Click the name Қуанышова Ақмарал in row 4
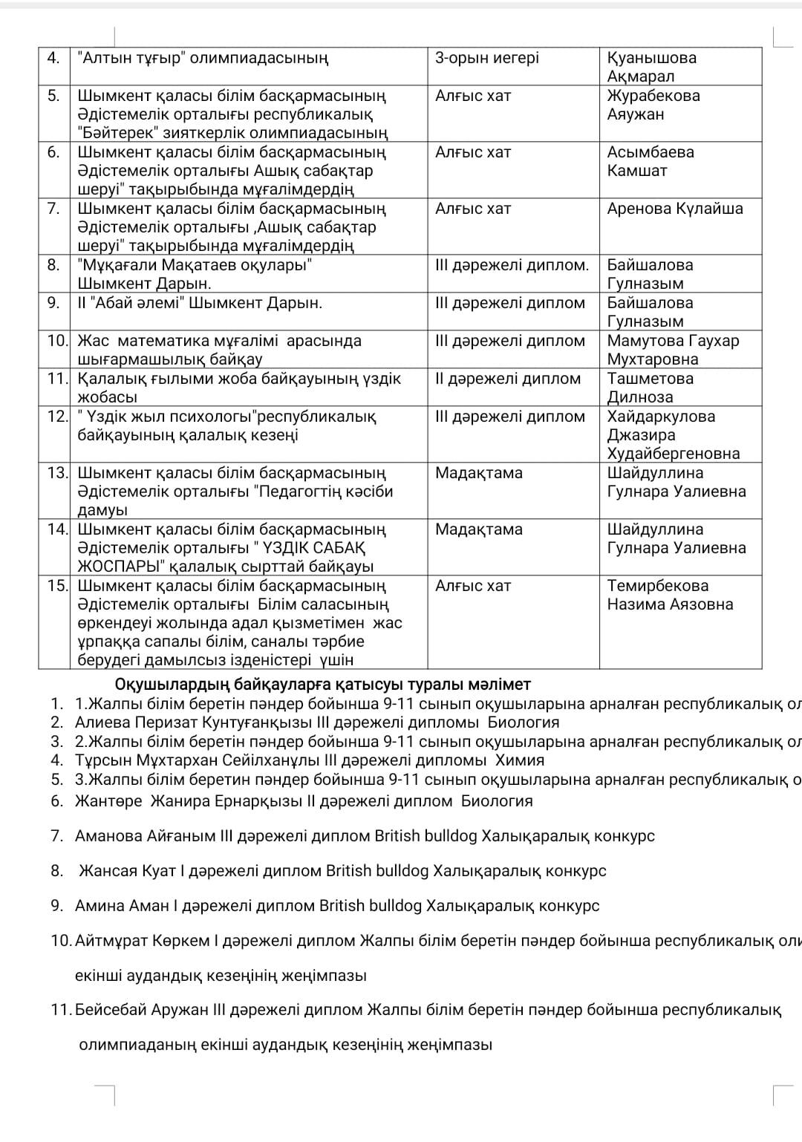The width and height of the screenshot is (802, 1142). click(651, 67)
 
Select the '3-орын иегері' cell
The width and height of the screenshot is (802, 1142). click(486, 58)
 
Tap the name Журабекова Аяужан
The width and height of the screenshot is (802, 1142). click(653, 105)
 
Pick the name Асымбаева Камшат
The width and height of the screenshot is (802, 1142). click(650, 161)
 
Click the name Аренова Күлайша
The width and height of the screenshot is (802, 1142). click(674, 209)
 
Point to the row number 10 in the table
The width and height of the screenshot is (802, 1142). click(57, 341)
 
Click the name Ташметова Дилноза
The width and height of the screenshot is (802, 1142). click(650, 388)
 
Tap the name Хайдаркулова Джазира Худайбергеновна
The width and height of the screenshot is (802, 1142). click(673, 435)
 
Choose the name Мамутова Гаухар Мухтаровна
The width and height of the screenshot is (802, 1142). click(673, 350)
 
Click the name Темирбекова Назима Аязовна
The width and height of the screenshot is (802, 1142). click(669, 595)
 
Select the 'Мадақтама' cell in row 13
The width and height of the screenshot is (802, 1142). click(478, 473)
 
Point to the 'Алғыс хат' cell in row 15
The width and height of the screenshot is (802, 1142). click(472, 586)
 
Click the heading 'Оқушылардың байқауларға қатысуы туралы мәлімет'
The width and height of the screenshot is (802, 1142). click(322, 684)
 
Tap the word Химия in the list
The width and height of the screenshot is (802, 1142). click(520, 760)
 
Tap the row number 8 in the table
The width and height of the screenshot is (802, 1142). click(53, 265)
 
